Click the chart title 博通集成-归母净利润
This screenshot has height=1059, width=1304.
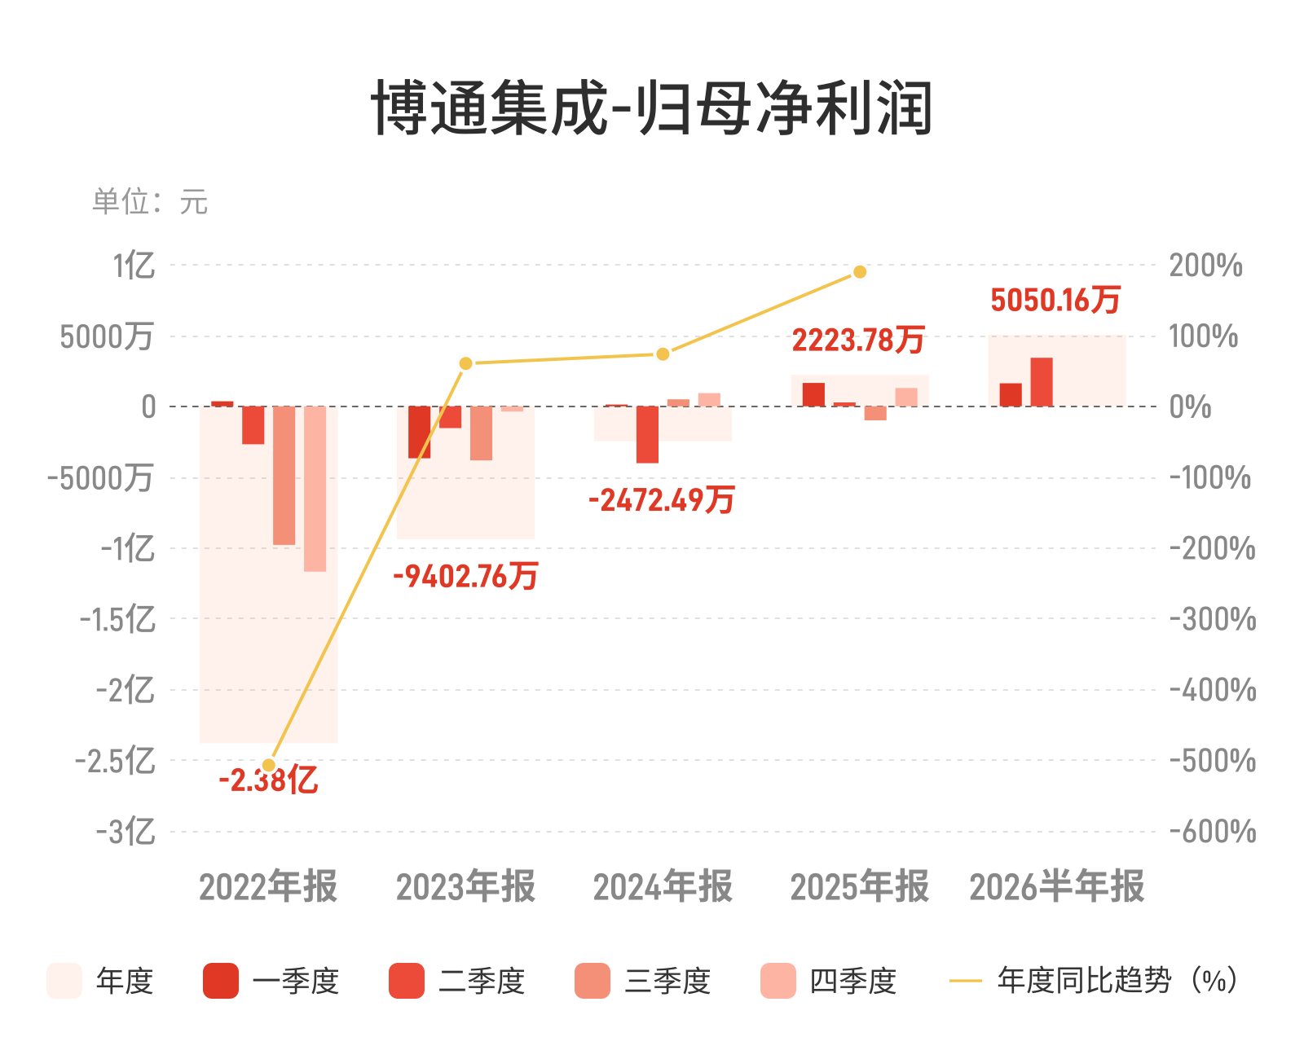coord(651,108)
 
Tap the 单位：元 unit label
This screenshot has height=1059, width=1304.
coord(150,201)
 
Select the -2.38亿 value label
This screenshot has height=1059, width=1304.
coord(268,780)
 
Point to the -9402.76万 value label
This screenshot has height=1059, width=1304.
coord(465,576)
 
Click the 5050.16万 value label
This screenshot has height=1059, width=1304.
coord(1055,300)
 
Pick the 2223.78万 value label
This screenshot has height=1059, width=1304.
coord(858,340)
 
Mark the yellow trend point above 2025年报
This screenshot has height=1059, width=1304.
coord(860,271)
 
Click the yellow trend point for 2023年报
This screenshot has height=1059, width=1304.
coord(465,363)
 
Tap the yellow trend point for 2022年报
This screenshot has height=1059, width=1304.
coord(268,766)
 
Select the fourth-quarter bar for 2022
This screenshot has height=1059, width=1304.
coord(315,489)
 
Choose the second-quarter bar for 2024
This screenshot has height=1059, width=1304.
coord(647,434)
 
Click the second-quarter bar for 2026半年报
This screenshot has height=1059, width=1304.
coord(1042,382)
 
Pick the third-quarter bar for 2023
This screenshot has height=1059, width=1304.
coord(481,433)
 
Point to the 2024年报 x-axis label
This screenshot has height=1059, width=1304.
coord(663,886)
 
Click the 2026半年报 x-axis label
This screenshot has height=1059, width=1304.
coord(1057,886)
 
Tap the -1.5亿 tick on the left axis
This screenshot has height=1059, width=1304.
coord(117,619)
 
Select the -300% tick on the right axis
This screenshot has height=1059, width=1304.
coord(1213,619)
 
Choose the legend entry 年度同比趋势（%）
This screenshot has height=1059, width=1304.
coord(1094,981)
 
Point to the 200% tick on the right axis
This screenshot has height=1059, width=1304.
coord(1206,266)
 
